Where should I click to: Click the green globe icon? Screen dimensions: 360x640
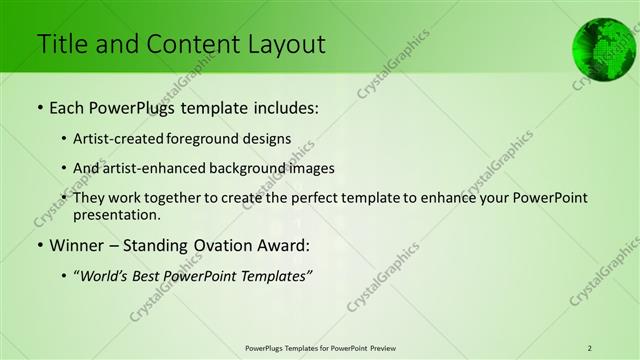[x=604, y=47]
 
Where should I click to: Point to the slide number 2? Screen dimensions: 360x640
[x=590, y=347]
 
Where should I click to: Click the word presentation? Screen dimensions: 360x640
[x=123, y=214]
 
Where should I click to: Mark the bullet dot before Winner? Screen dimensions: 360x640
[x=39, y=246]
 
